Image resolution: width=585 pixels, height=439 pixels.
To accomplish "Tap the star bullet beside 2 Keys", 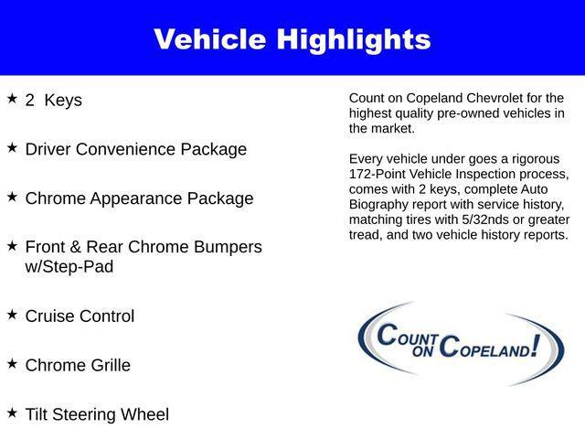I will (x=12, y=98).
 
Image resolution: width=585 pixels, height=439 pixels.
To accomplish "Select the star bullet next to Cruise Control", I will (x=12, y=314).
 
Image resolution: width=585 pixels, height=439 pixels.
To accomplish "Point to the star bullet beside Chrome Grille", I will (x=12, y=363).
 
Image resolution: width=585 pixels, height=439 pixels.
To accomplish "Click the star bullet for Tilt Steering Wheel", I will (x=12, y=412).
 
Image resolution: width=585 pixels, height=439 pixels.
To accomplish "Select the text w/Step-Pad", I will (x=69, y=267).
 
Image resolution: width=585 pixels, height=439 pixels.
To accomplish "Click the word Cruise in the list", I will (x=50, y=316).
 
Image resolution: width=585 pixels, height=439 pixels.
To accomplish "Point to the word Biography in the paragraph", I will (x=379, y=205).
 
